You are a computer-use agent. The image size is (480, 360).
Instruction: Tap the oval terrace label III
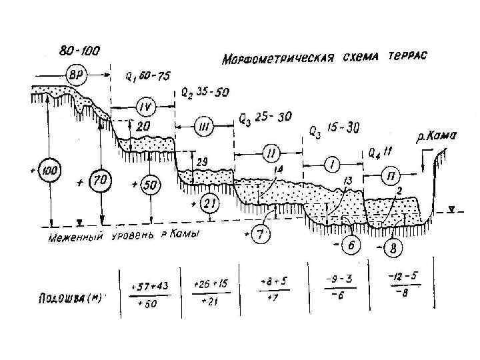pos(204,125)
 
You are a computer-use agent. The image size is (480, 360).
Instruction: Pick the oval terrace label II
pos(269,155)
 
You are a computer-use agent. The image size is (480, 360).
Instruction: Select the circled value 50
pos(150,184)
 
